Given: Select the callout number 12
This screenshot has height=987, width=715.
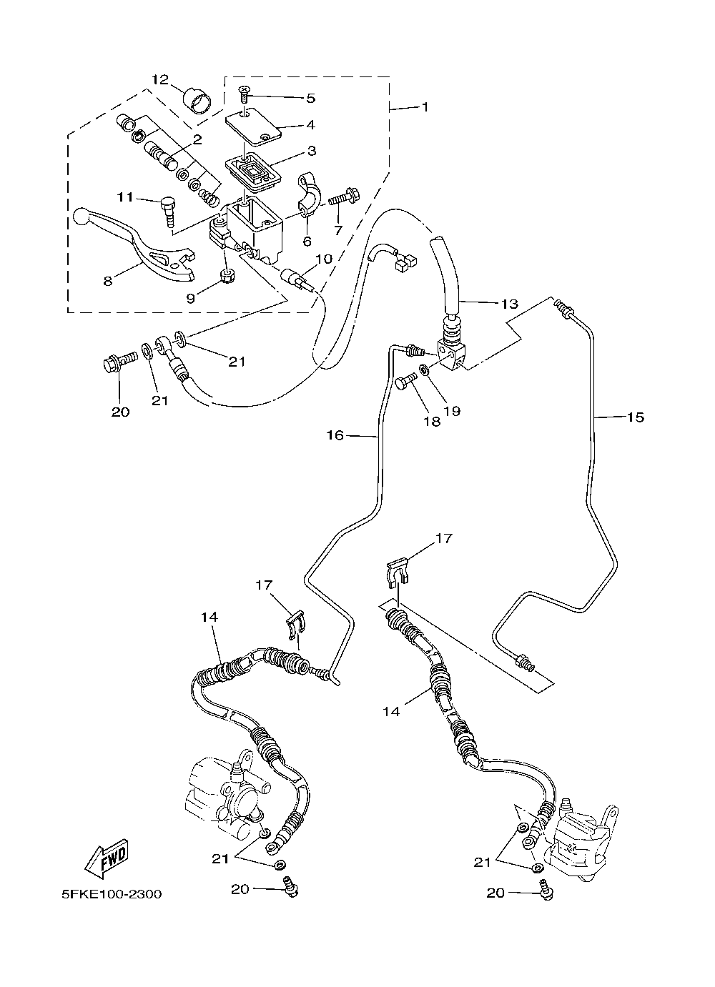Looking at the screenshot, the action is tap(160, 80).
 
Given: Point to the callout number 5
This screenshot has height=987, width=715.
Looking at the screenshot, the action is tap(311, 98).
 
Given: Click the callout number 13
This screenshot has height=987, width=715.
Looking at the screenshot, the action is tap(509, 304).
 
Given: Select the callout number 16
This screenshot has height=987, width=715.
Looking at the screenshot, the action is tap(335, 436).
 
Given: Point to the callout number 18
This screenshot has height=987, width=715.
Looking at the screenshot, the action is tap(432, 422).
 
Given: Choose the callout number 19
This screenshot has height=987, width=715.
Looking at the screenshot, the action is tap(453, 411).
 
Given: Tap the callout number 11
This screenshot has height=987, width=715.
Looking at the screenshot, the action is tap(125, 197).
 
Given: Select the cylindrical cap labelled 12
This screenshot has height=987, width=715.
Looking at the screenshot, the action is tap(197, 101).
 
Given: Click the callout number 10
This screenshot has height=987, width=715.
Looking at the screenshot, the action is tap(324, 259).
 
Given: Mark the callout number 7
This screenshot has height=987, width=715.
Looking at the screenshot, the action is tap(338, 230).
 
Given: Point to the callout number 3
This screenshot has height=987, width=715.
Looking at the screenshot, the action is tap(312, 151).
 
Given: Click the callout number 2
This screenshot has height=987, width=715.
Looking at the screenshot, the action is tap(197, 140).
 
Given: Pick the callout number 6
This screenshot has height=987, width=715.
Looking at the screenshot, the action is tap(307, 241).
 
